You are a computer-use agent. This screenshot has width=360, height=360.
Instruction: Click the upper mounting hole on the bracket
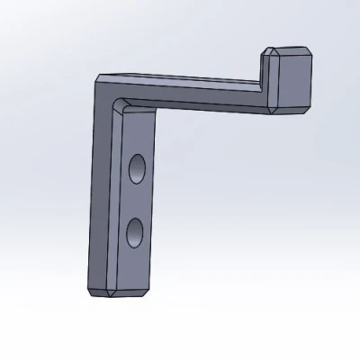click(137, 168)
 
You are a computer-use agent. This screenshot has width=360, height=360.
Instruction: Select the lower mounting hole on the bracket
click(135, 232)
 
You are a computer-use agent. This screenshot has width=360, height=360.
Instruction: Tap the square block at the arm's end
click(293, 82)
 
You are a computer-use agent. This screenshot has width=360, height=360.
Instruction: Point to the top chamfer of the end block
click(290, 51)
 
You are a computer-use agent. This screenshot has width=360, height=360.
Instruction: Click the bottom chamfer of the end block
click(293, 112)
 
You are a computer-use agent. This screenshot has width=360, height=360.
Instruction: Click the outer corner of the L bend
click(96, 78)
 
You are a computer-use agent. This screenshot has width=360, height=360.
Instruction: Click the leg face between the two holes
click(136, 200)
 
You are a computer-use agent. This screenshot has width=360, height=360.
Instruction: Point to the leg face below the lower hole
click(133, 265)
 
